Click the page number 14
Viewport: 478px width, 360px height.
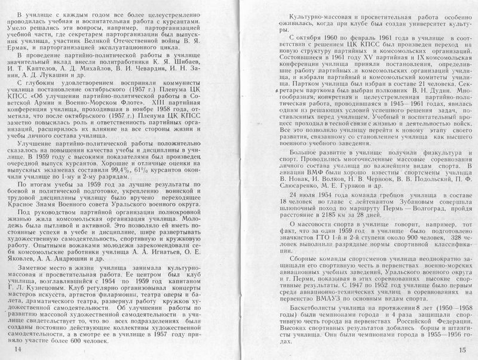[17, 347]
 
